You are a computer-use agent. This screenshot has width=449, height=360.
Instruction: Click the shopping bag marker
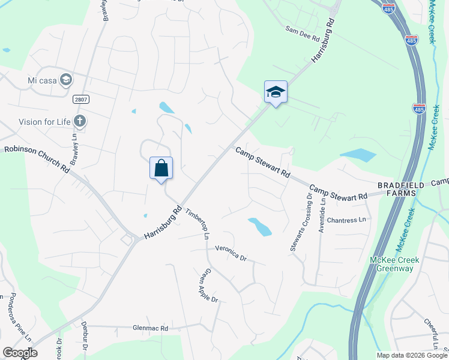pos(161,168)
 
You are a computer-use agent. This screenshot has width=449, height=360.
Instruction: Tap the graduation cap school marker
pos(276,92)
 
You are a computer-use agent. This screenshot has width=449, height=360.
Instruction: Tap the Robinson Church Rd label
pos(37,158)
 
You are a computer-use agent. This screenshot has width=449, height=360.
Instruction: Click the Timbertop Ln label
pos(196,224)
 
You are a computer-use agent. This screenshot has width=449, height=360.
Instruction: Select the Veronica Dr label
pos(231,254)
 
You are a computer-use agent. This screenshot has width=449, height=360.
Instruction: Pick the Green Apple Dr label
pos(208,286)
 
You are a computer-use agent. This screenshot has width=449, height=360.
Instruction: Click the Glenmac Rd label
pos(151,328)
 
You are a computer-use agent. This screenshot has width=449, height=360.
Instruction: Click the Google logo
pos(20,353)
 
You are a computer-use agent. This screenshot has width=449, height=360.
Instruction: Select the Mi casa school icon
pos(65,79)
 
